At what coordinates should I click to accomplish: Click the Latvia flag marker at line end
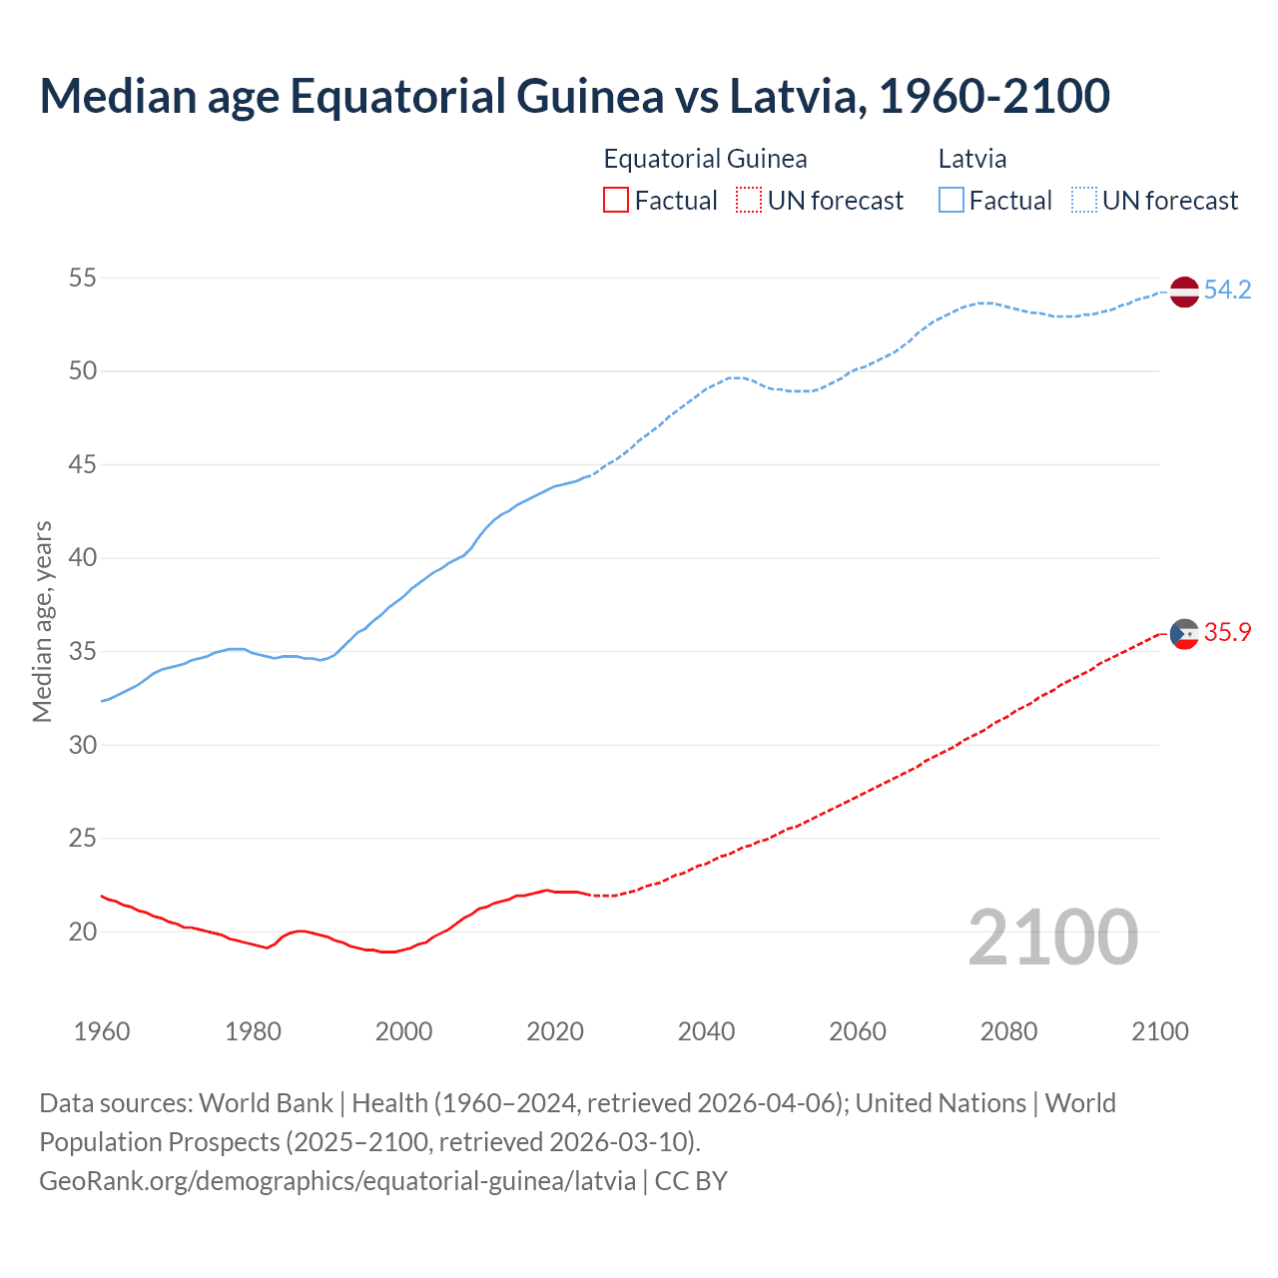click(1183, 292)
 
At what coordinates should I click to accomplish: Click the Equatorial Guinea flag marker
click(1183, 633)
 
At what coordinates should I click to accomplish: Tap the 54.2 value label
click(1227, 290)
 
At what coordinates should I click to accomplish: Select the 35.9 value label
click(1227, 632)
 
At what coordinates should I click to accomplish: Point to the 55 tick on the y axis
click(83, 278)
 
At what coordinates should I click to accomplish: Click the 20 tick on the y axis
click(83, 932)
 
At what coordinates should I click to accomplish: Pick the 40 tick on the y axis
click(83, 558)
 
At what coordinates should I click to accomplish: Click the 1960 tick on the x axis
click(102, 1031)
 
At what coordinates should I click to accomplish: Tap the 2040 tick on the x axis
click(706, 1031)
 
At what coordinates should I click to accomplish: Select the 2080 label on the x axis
click(1008, 1031)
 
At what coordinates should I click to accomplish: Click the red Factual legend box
click(616, 201)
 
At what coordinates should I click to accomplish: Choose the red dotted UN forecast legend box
click(749, 201)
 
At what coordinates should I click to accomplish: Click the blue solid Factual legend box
click(951, 201)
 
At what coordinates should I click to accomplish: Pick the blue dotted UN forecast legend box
click(1083, 201)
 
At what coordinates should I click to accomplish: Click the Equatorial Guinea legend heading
click(705, 159)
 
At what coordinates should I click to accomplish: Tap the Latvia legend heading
click(971, 159)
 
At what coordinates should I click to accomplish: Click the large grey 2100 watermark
click(1052, 937)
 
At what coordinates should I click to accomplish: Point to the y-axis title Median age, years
click(42, 621)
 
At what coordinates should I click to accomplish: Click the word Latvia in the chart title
click(792, 96)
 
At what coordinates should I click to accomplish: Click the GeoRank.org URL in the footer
click(337, 1180)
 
